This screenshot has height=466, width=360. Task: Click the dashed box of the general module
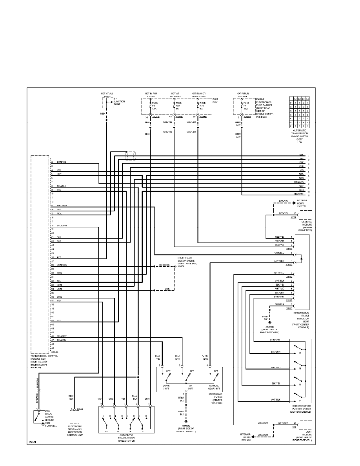(x=305, y=215)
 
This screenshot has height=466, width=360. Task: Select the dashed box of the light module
(x=305, y=425)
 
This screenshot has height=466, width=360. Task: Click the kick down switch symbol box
(x=39, y=417)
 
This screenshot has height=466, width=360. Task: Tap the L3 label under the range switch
(x=106, y=431)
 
